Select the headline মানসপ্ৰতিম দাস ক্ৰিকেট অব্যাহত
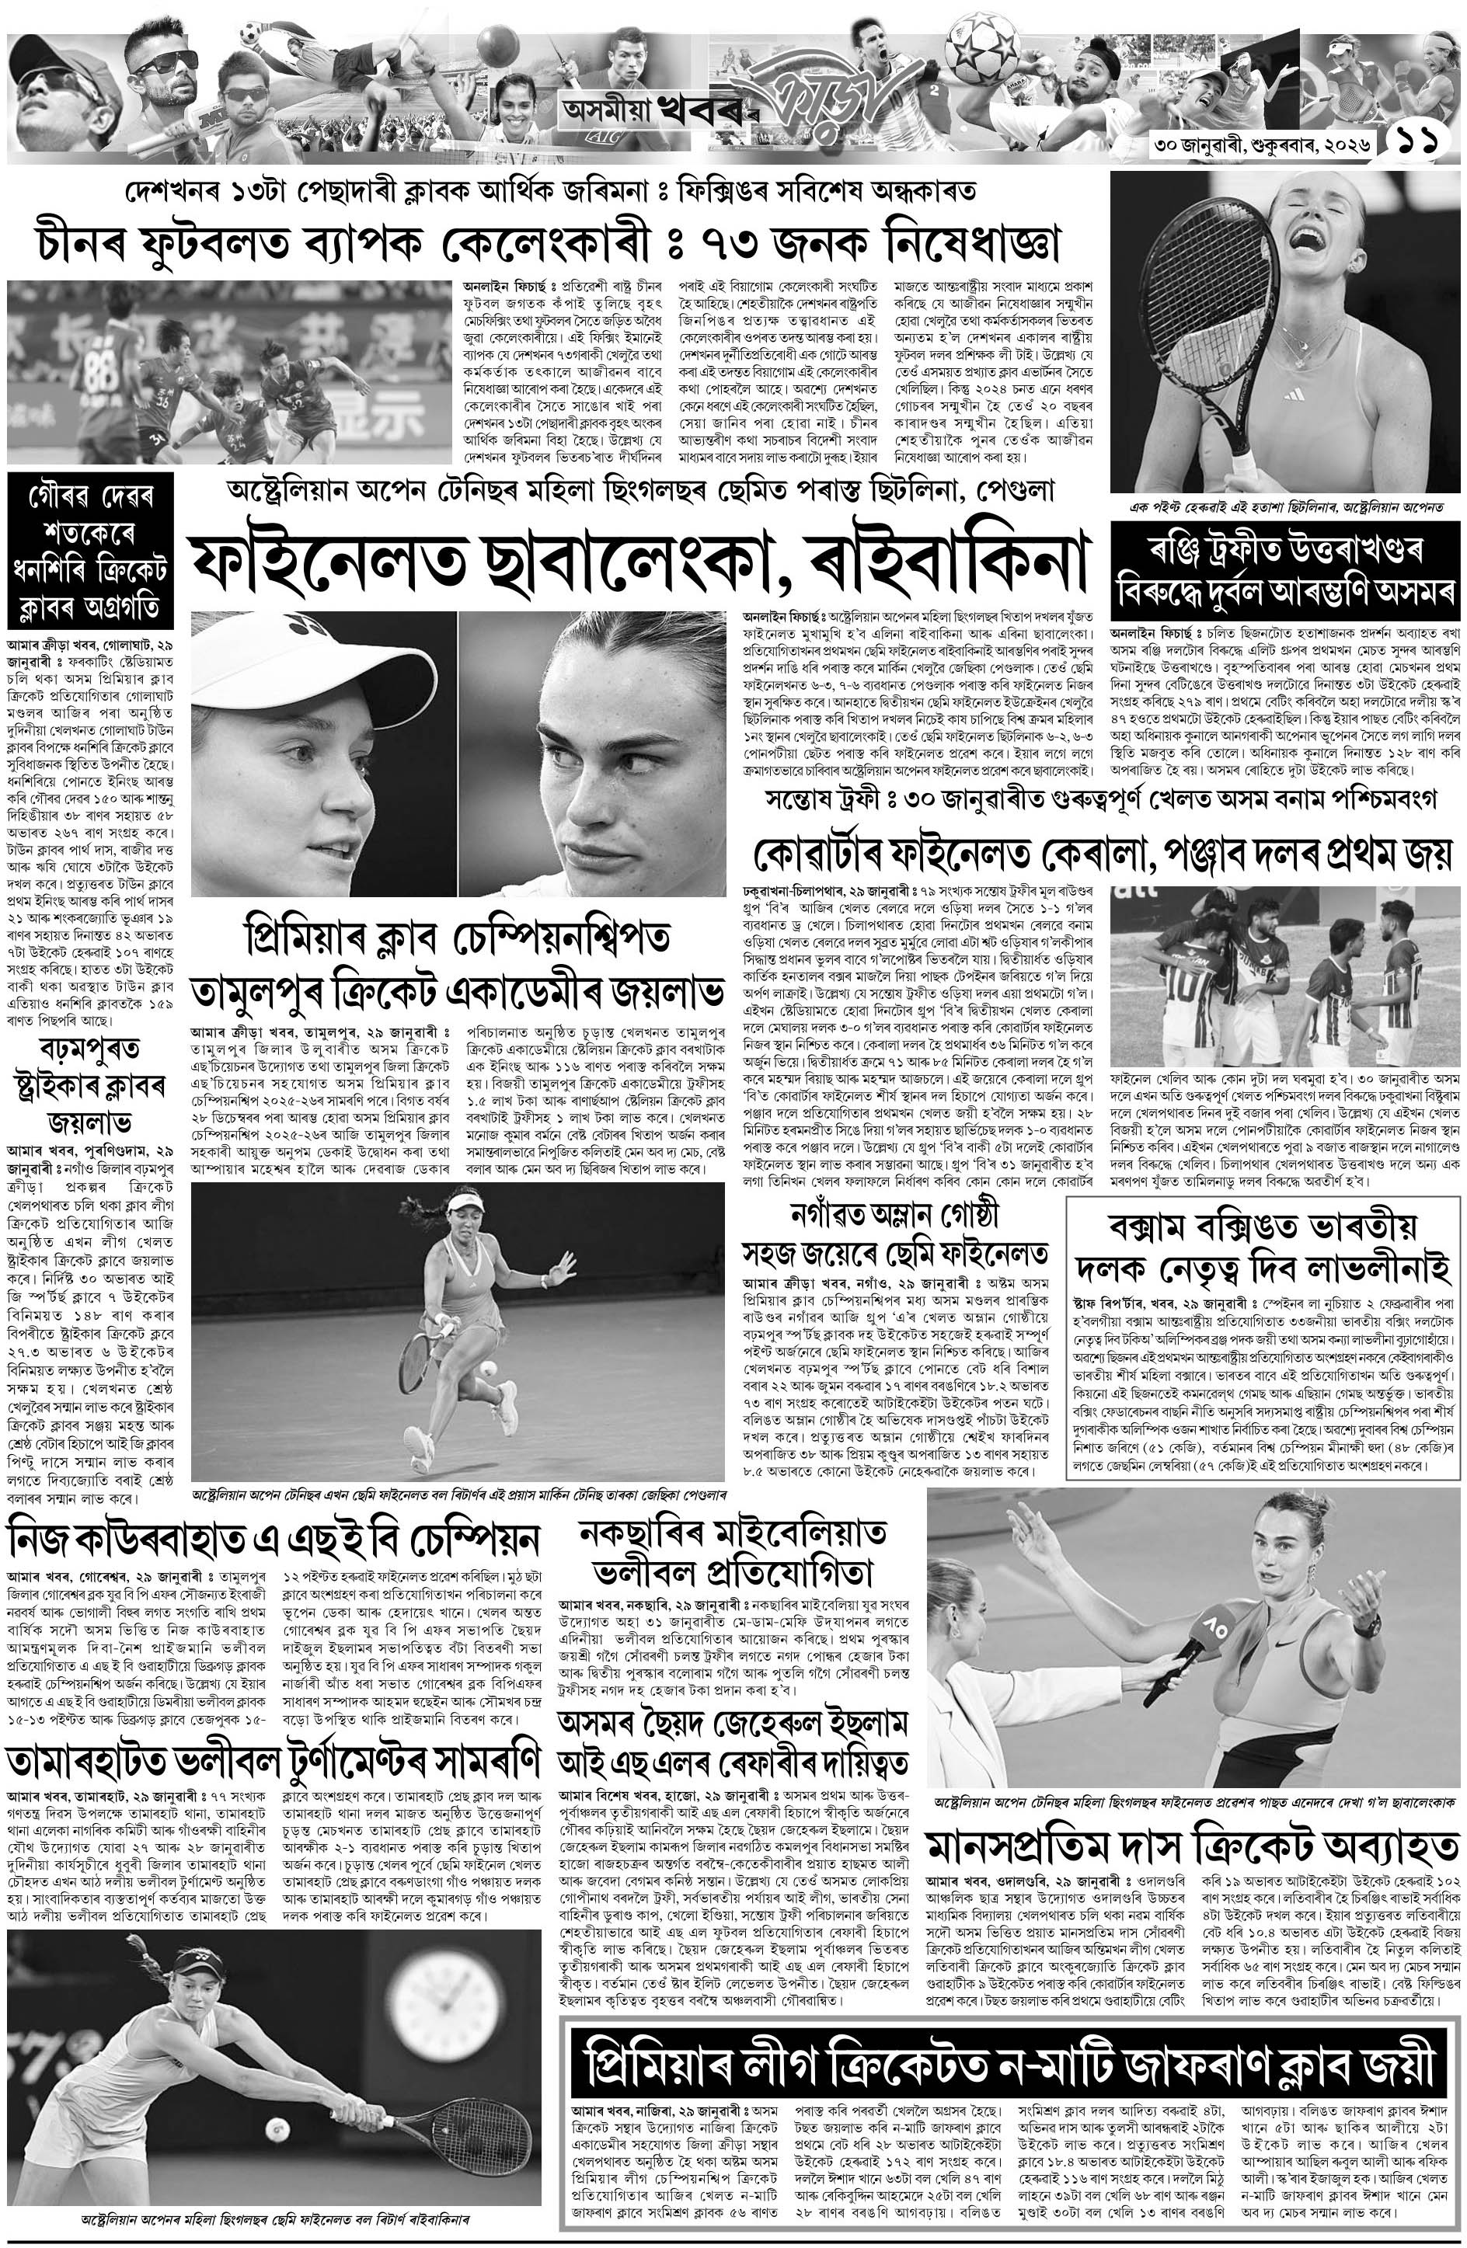pyautogui.click(x=1192, y=1847)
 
